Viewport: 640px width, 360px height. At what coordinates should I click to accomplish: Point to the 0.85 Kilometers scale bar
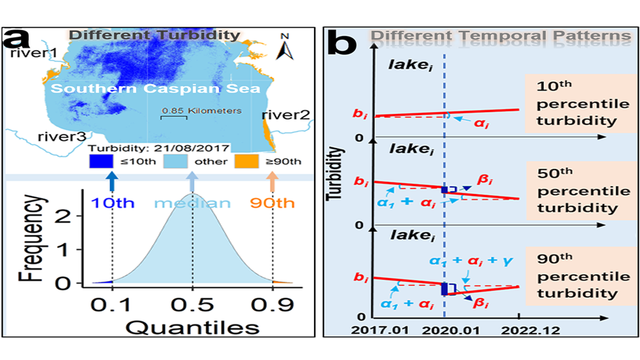pyautogui.click(x=174, y=116)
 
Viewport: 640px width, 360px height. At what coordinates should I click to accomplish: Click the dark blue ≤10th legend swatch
pyautogui.click(x=101, y=161)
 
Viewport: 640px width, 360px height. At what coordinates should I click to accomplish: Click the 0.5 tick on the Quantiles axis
pyautogui.click(x=193, y=305)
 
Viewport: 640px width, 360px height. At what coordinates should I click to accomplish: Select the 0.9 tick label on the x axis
pyautogui.click(x=273, y=305)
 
